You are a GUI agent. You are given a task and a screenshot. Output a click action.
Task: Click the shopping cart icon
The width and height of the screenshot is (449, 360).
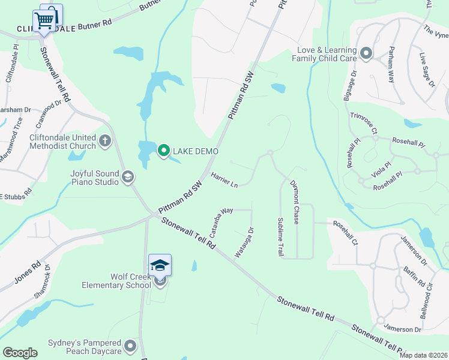(44, 20)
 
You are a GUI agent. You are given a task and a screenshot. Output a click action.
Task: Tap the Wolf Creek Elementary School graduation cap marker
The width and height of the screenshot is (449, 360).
(160, 265)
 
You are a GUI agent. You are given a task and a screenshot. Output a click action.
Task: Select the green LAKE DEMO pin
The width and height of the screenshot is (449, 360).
(163, 151)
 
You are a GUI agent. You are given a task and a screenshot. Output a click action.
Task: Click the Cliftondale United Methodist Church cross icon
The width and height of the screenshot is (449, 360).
(105, 141)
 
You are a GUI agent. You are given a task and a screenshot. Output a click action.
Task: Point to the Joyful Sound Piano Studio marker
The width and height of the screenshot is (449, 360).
(127, 176)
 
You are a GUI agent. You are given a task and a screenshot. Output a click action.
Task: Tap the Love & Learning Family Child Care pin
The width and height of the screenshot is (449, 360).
(366, 55)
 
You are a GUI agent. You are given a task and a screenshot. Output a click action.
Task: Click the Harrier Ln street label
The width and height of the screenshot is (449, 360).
(225, 179)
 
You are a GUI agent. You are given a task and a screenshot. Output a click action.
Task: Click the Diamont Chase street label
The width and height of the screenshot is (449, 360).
(294, 202)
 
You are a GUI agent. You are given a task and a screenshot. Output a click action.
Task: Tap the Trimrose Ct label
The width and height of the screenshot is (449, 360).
(363, 122)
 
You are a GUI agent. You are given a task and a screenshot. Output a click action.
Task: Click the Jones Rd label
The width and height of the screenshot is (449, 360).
(28, 272)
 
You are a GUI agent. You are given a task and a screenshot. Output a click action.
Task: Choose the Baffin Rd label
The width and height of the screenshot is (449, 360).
(414, 275)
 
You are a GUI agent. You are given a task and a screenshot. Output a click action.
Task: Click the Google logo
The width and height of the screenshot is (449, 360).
(20, 353)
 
